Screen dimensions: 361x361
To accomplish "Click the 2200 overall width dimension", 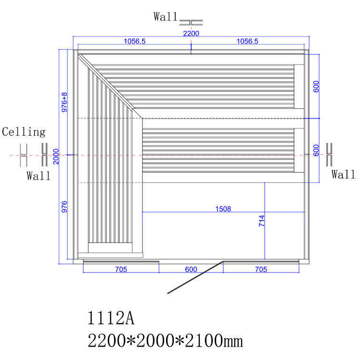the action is coord(191,34).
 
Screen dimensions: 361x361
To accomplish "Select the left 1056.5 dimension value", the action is coord(135,41).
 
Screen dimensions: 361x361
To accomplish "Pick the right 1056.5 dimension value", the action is coord(247,41).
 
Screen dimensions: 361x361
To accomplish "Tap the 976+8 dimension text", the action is coord(64,102).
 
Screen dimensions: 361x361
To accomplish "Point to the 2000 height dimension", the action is coord(56,156).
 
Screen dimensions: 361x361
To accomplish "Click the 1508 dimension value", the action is coord(223,209).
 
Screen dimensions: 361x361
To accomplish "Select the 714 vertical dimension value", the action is coord(262,221).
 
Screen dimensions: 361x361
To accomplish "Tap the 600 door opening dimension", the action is coord(191,270).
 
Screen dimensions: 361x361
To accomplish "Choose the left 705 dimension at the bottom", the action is coord(121,270).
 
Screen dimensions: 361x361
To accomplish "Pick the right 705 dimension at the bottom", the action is coord(261,270).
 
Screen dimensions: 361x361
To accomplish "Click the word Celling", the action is coord(24,132).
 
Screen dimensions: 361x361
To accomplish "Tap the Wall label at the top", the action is coord(166,17).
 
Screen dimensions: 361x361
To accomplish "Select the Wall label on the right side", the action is coord(343,174).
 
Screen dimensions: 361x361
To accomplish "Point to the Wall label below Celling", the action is coord(39,176).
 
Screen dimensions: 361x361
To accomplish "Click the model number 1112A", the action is coord(111,318).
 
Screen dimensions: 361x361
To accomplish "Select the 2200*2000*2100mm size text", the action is coord(165,340).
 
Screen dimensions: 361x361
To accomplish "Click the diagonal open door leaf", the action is coord(195,277).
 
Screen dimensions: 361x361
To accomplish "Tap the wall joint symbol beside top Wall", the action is coord(191,23).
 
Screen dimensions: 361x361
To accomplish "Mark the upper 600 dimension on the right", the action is coord(316,87).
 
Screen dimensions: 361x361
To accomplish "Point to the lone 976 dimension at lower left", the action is coord(64,207).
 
